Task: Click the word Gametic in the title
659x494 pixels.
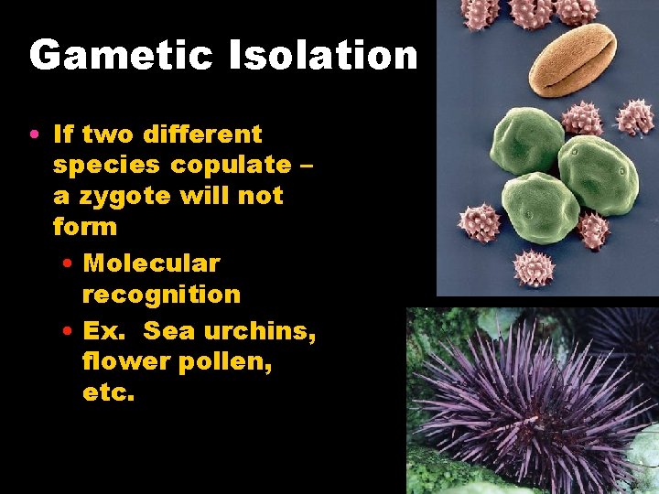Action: pos(121,56)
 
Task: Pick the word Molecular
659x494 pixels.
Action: pos(151,263)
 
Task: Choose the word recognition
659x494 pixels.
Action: pos(161,295)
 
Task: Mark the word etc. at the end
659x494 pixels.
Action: pos(108,394)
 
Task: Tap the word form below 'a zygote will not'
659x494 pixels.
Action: pos(85,227)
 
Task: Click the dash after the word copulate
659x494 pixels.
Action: pos(306,166)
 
